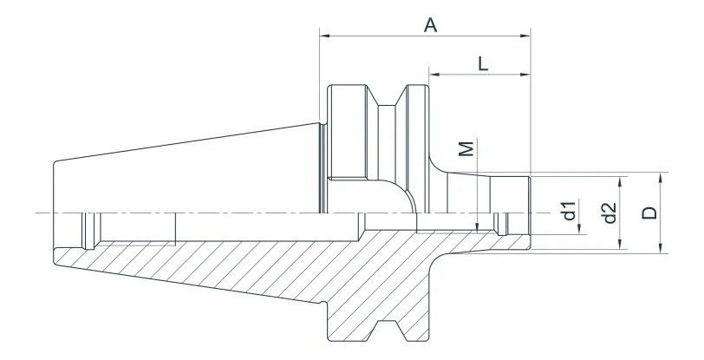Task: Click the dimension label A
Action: [x=431, y=25]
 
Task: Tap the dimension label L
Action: [x=483, y=64]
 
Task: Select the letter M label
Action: [x=467, y=148]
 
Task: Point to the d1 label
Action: [x=570, y=211]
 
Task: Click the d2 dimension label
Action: [x=609, y=213]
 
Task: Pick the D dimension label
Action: [x=649, y=213]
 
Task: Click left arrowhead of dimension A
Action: [x=325, y=36]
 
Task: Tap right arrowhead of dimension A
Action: [x=525, y=36]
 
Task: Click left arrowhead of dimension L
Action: [x=434, y=74]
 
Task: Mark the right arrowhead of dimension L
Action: [x=525, y=74]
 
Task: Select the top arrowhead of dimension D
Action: [x=661, y=178]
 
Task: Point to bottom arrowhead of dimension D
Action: [x=661, y=247]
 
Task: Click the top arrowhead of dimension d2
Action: [x=620, y=182]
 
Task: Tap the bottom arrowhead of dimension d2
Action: [x=620, y=244]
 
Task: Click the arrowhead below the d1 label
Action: [x=580, y=229]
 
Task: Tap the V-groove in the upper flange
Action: [x=387, y=95]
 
